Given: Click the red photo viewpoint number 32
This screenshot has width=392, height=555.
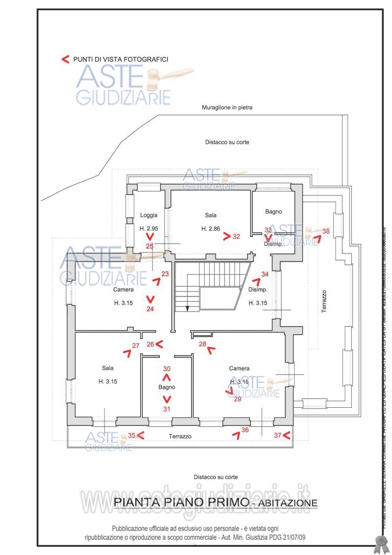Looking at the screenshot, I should (237, 236).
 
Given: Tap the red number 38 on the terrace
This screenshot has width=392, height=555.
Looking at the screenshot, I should (326, 231).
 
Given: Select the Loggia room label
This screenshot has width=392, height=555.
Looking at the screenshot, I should (148, 215).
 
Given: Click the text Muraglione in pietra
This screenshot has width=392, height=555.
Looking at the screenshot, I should (227, 107).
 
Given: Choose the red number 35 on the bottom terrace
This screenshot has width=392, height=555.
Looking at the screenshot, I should (131, 435).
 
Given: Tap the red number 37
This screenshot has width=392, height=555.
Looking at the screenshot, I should (277, 435).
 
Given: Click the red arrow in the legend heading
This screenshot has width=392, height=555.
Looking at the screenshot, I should (65, 59).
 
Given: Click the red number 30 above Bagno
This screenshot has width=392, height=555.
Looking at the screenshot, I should (167, 369).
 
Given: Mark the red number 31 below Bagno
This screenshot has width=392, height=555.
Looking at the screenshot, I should (167, 408).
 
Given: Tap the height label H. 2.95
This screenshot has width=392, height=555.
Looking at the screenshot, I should (149, 229).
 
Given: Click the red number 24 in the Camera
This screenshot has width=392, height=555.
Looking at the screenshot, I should (150, 309).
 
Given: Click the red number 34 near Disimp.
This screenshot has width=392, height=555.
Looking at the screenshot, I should (265, 274).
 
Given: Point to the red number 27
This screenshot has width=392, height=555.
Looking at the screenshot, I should (136, 345).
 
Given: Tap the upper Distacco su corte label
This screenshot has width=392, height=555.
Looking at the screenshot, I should (227, 142).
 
